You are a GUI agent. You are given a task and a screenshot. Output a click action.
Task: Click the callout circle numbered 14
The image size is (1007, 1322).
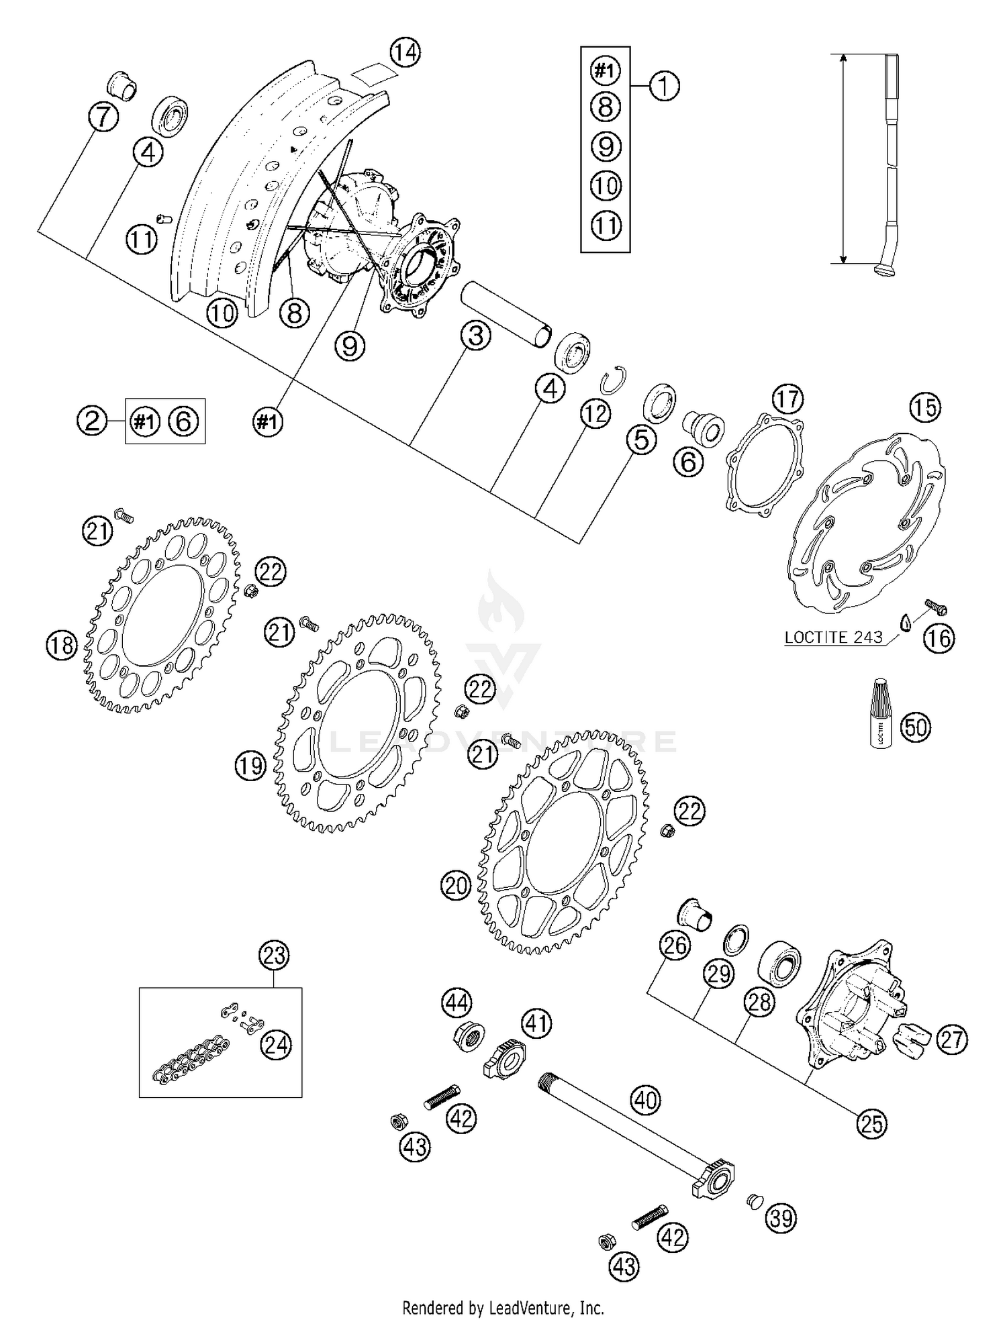[x=405, y=52]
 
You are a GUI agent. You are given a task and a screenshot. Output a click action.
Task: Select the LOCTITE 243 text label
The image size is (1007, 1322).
[x=833, y=637]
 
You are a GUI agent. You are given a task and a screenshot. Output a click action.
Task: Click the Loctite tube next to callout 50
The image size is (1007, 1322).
[x=879, y=713]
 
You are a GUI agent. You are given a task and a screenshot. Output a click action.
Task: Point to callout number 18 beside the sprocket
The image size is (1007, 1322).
[x=62, y=646]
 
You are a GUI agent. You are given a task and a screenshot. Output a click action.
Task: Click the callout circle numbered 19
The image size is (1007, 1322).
[x=251, y=765]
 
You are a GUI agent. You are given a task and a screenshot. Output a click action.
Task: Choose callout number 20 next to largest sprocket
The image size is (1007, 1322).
[x=457, y=886]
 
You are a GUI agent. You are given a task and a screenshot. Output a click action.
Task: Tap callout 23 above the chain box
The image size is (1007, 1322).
[x=274, y=955]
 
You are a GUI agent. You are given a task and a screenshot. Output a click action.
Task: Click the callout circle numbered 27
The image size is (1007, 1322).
[x=951, y=1039]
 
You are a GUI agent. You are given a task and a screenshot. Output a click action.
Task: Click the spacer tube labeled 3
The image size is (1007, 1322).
[x=503, y=315]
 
